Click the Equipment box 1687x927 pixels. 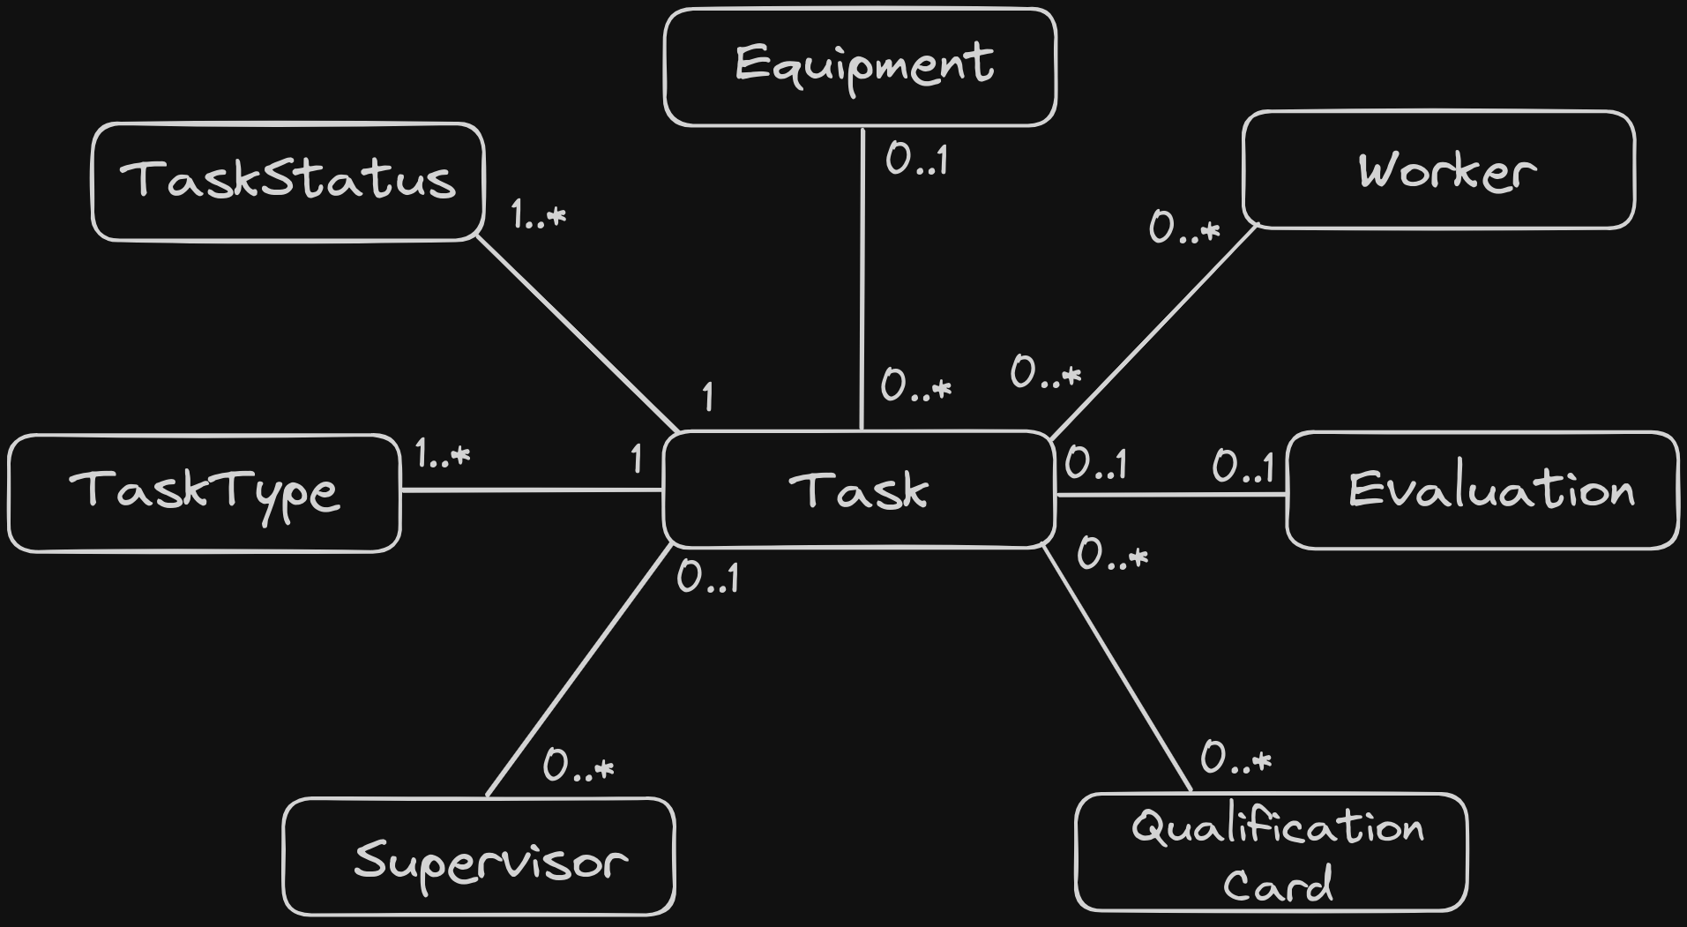pos(860,67)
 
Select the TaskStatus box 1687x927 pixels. pos(288,182)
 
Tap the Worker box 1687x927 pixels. pos(1438,169)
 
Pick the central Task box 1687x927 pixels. pos(859,490)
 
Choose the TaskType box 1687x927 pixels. pos(204,493)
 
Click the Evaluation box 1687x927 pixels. pos(1482,490)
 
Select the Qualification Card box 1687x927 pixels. pos(1272,852)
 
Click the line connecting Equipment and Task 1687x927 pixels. pos(862,279)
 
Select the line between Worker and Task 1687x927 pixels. pos(1153,332)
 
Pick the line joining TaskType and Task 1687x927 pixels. pos(532,490)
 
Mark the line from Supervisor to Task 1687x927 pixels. pos(579,671)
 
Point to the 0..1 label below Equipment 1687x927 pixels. pos(917,160)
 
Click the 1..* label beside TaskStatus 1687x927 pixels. pos(539,214)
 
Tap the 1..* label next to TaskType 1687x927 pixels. pos(443,455)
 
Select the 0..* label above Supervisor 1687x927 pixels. pos(579,766)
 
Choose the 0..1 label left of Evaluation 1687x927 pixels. pos(1243,467)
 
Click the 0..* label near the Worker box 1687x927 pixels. pos(1184,228)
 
